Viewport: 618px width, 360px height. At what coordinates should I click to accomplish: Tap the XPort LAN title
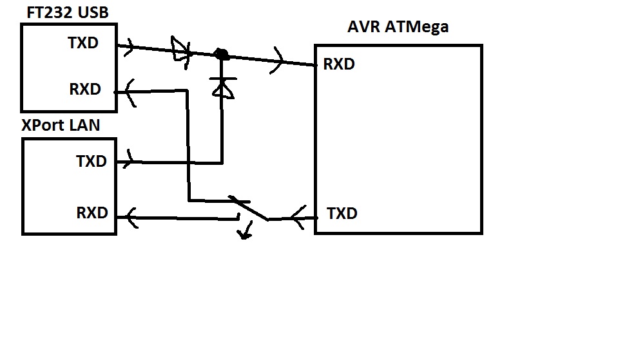pos(61,124)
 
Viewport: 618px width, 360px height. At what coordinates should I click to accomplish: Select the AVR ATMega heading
pos(398,27)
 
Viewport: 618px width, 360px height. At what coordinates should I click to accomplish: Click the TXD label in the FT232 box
pos(84,43)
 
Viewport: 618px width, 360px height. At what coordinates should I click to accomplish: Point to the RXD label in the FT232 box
pos(85,90)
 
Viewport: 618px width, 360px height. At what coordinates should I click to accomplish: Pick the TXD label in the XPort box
pos(92,161)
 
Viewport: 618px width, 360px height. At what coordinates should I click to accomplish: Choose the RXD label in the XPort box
pos(92,213)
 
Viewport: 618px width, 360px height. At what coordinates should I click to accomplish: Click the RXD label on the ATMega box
pos(339,64)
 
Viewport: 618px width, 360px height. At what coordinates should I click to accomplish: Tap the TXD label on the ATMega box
pos(342,213)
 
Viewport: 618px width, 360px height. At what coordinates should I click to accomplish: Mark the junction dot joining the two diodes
pos(222,55)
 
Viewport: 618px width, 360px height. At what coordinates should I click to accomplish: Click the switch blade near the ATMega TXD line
pos(249,207)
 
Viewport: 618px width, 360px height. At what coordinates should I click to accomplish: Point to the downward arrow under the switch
pos(244,231)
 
